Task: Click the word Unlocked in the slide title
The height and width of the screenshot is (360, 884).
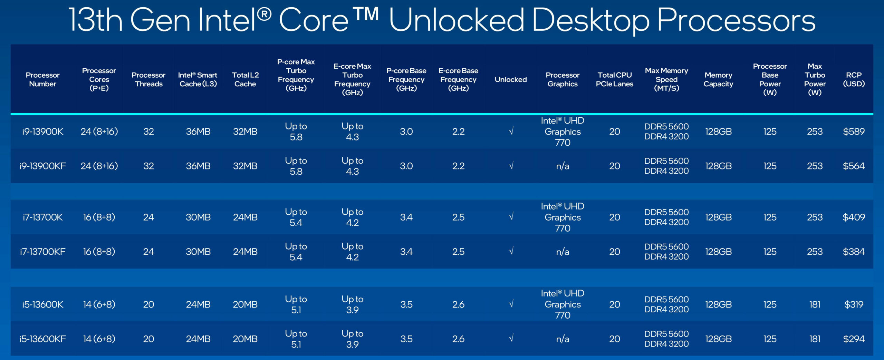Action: tap(457, 20)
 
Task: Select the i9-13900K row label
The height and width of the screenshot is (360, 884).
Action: tap(43, 132)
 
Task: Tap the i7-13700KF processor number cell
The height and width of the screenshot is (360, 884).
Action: tap(43, 252)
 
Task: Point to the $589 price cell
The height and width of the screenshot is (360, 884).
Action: tap(854, 132)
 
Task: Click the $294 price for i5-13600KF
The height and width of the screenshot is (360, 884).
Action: tap(854, 339)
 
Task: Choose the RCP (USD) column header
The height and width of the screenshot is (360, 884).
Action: tap(854, 79)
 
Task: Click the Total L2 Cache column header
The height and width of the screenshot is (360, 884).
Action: tap(245, 79)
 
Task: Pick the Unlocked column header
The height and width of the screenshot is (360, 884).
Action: tap(511, 79)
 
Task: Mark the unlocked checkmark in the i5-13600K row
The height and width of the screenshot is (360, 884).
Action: tap(511, 304)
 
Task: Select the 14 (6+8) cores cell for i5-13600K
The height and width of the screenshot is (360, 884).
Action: tap(99, 304)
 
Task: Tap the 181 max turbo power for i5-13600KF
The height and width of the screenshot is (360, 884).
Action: tap(815, 339)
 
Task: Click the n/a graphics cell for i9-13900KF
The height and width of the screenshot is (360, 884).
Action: tap(563, 166)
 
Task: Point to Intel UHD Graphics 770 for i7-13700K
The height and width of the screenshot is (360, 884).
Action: tap(563, 217)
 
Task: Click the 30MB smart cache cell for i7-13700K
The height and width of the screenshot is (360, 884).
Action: tap(198, 217)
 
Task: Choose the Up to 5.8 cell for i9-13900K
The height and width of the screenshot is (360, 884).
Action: tap(296, 132)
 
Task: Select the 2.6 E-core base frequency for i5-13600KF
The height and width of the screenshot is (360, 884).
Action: tap(458, 339)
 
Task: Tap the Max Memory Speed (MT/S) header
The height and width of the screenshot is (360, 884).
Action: tap(666, 79)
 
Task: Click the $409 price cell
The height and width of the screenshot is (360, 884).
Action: tap(854, 217)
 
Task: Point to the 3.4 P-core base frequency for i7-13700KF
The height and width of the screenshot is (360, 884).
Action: tap(406, 252)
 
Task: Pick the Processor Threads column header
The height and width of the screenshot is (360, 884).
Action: tap(148, 79)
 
